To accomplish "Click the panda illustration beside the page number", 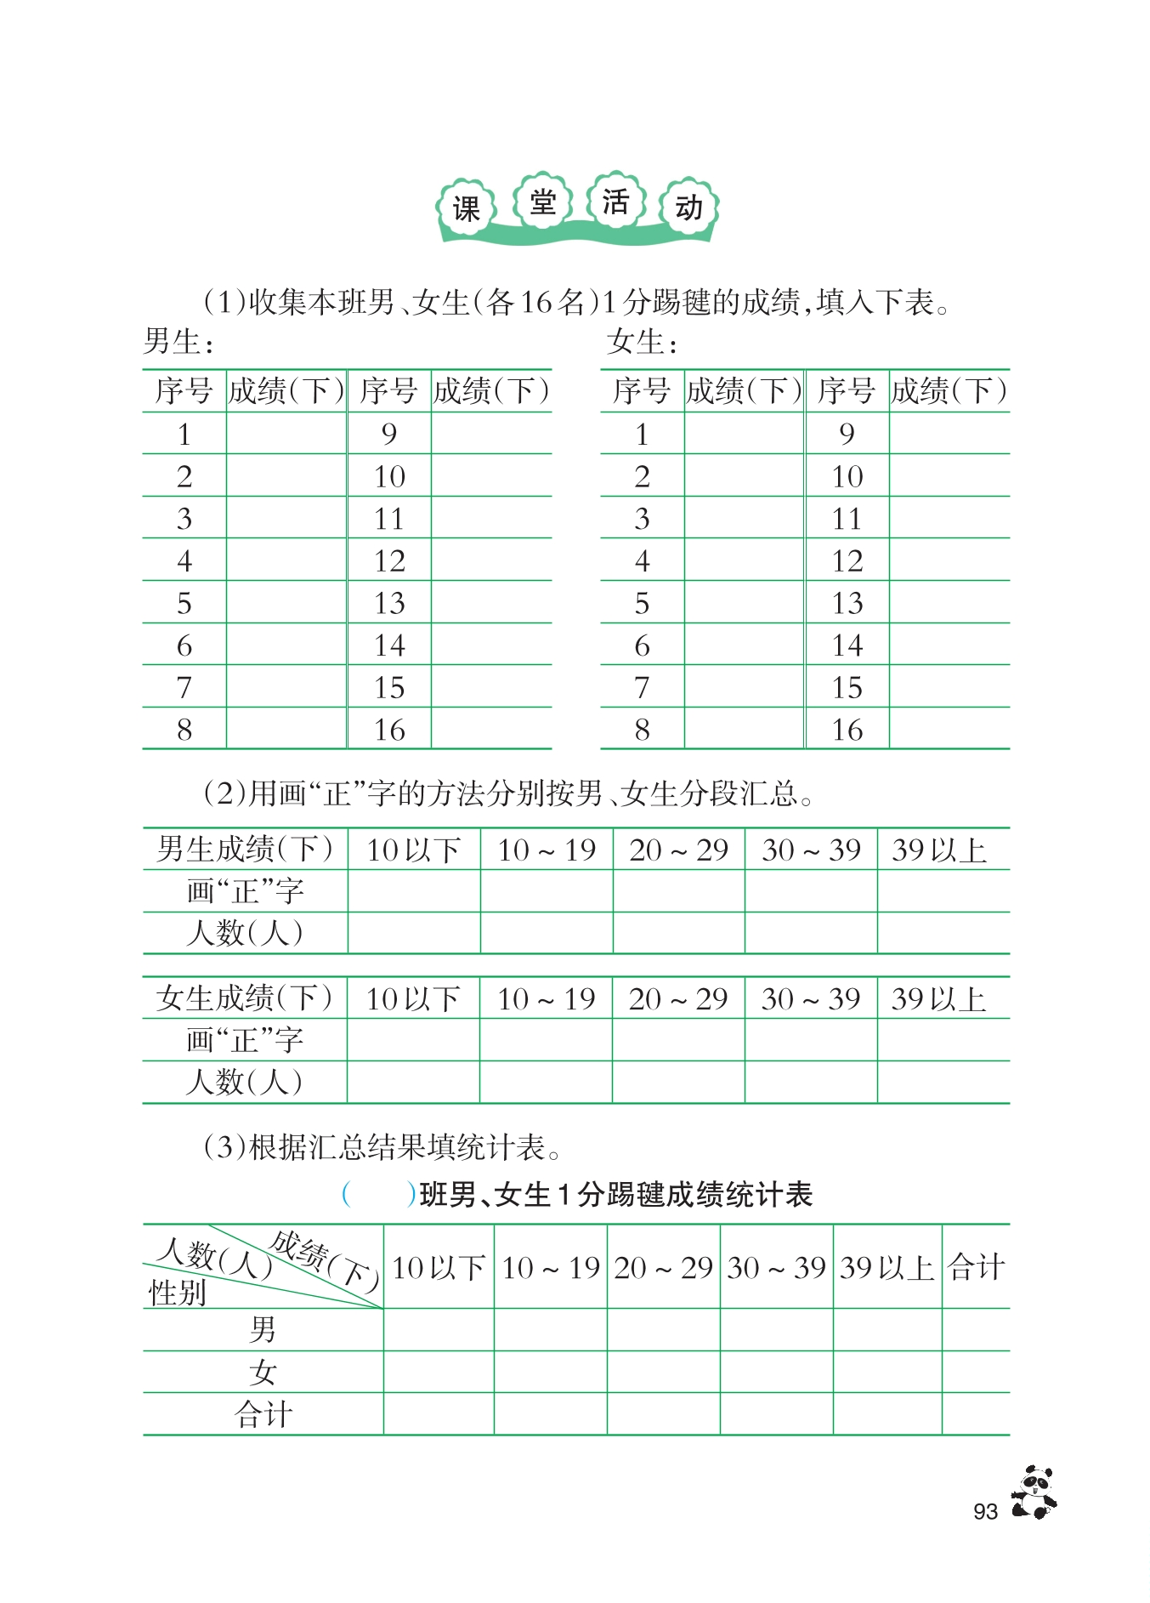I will (1034, 1492).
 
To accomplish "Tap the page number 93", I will (985, 1511).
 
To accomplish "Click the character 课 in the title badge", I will (467, 208).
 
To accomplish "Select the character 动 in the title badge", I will (689, 207).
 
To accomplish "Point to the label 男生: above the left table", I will (178, 342).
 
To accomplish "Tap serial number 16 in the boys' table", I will (389, 730).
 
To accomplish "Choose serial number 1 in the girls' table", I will (642, 435).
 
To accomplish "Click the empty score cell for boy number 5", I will (286, 603).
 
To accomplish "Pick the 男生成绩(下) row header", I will (245, 850).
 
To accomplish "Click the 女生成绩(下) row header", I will (244, 998).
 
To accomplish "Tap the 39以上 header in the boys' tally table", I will (939, 850).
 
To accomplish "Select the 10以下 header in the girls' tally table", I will (413, 998).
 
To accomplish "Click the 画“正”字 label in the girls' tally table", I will (244, 1039).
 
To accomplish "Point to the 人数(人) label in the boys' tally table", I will (244, 933).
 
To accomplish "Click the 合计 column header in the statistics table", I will (976, 1267).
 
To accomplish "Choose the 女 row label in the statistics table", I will (263, 1372).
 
